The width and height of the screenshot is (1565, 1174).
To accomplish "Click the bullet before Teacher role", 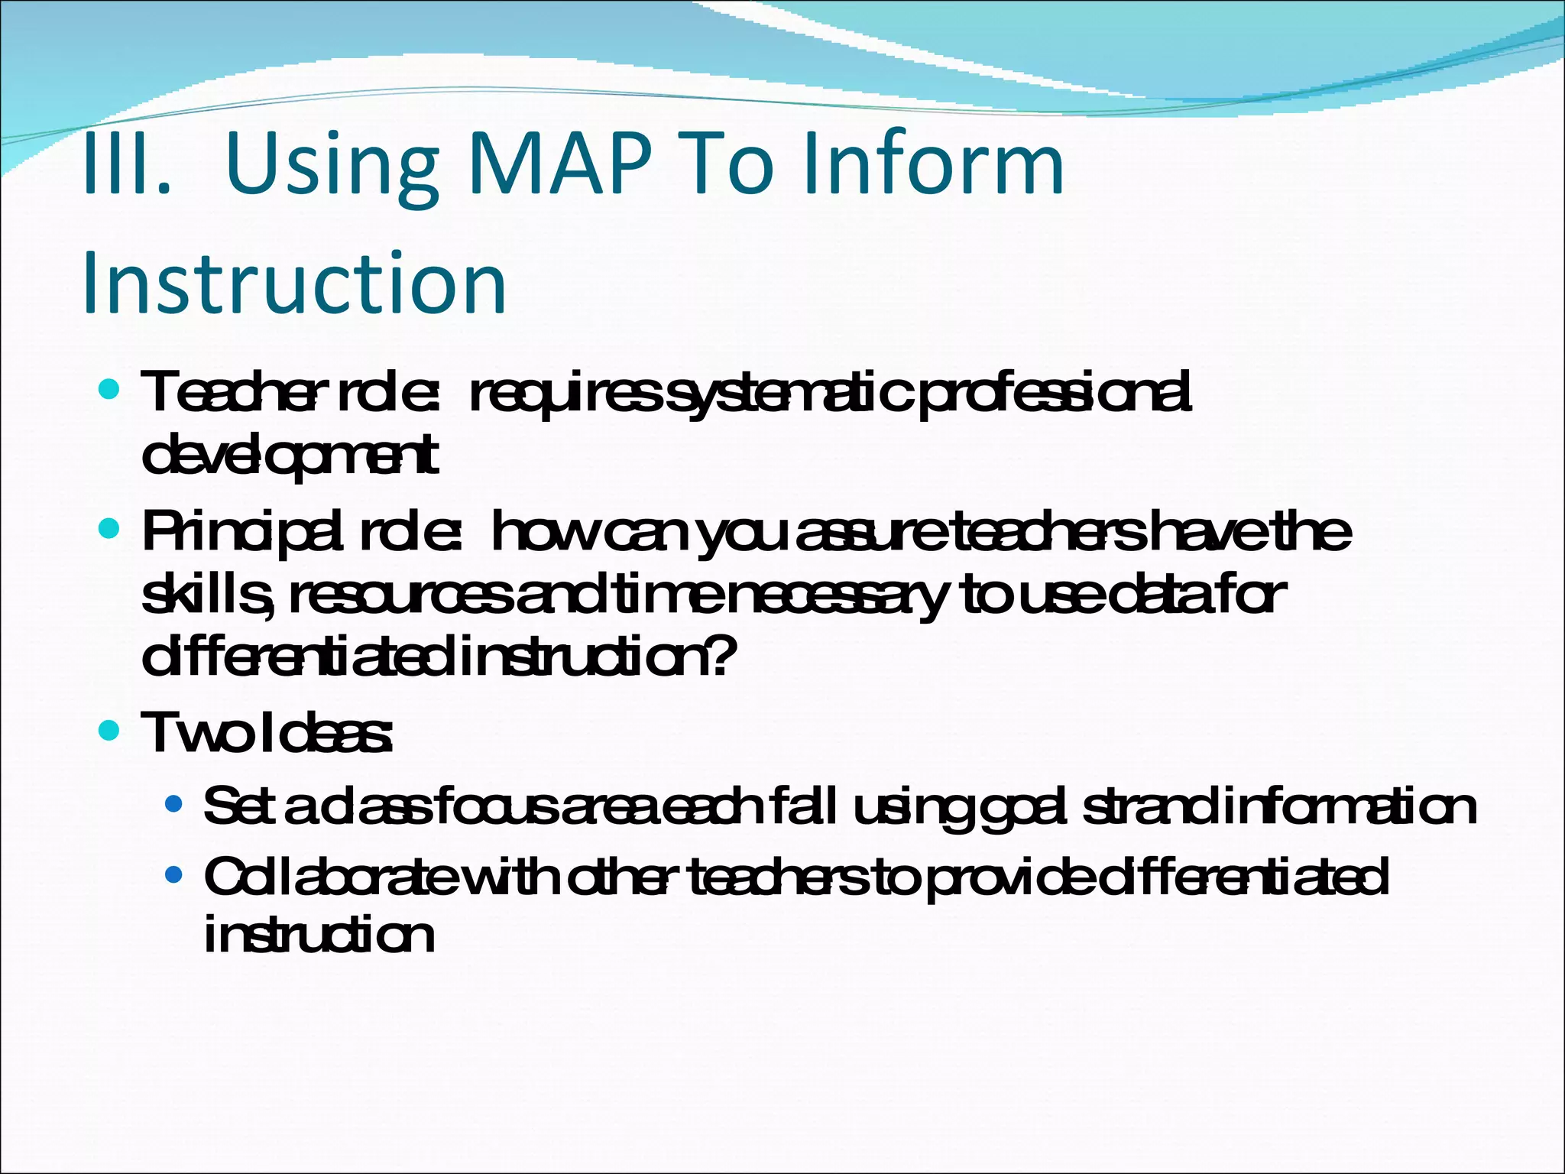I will click(x=110, y=391).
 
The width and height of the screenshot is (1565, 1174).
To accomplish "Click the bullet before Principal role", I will click(x=110, y=528).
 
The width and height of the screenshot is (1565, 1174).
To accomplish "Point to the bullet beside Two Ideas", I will click(x=110, y=731).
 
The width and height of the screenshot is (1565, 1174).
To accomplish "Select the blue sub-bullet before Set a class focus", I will click(x=174, y=804).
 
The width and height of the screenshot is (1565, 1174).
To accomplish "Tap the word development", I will click(x=290, y=456).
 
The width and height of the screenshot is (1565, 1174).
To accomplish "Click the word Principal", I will click(x=237, y=532).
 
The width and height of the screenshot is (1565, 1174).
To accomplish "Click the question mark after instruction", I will click(x=721, y=656).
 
